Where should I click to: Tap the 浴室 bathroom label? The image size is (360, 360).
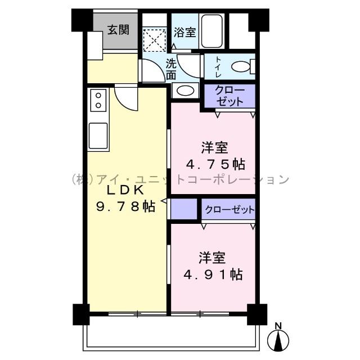coord(184,32)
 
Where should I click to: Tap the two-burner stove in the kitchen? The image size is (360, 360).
coord(99,101)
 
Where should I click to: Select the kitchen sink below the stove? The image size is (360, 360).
coord(98,135)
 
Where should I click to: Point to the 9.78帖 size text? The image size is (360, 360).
coord(126,206)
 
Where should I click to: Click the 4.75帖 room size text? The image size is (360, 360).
coord(215,164)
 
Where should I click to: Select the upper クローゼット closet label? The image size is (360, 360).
coord(228,96)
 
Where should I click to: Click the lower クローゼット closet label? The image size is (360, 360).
coord(229,210)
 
